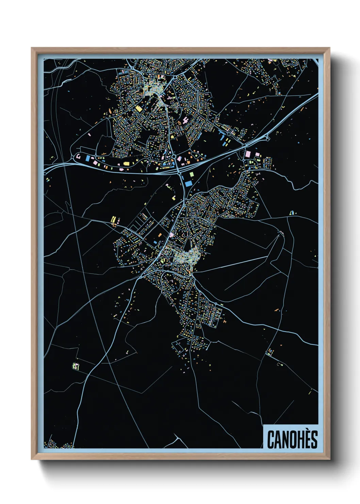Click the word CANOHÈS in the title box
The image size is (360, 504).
click(292, 439)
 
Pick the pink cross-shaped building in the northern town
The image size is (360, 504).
click(185, 120)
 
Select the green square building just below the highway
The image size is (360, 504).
click(191, 174)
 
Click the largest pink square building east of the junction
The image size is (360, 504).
click(248, 154)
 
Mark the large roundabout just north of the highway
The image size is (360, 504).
click(174, 157)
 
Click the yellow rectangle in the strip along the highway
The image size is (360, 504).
click(126, 164)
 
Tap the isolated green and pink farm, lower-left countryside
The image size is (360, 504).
click(76, 366)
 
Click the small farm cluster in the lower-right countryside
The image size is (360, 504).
click(270, 351)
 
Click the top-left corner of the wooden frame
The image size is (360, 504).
click(32, 48)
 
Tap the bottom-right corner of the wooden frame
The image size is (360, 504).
click(329, 459)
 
